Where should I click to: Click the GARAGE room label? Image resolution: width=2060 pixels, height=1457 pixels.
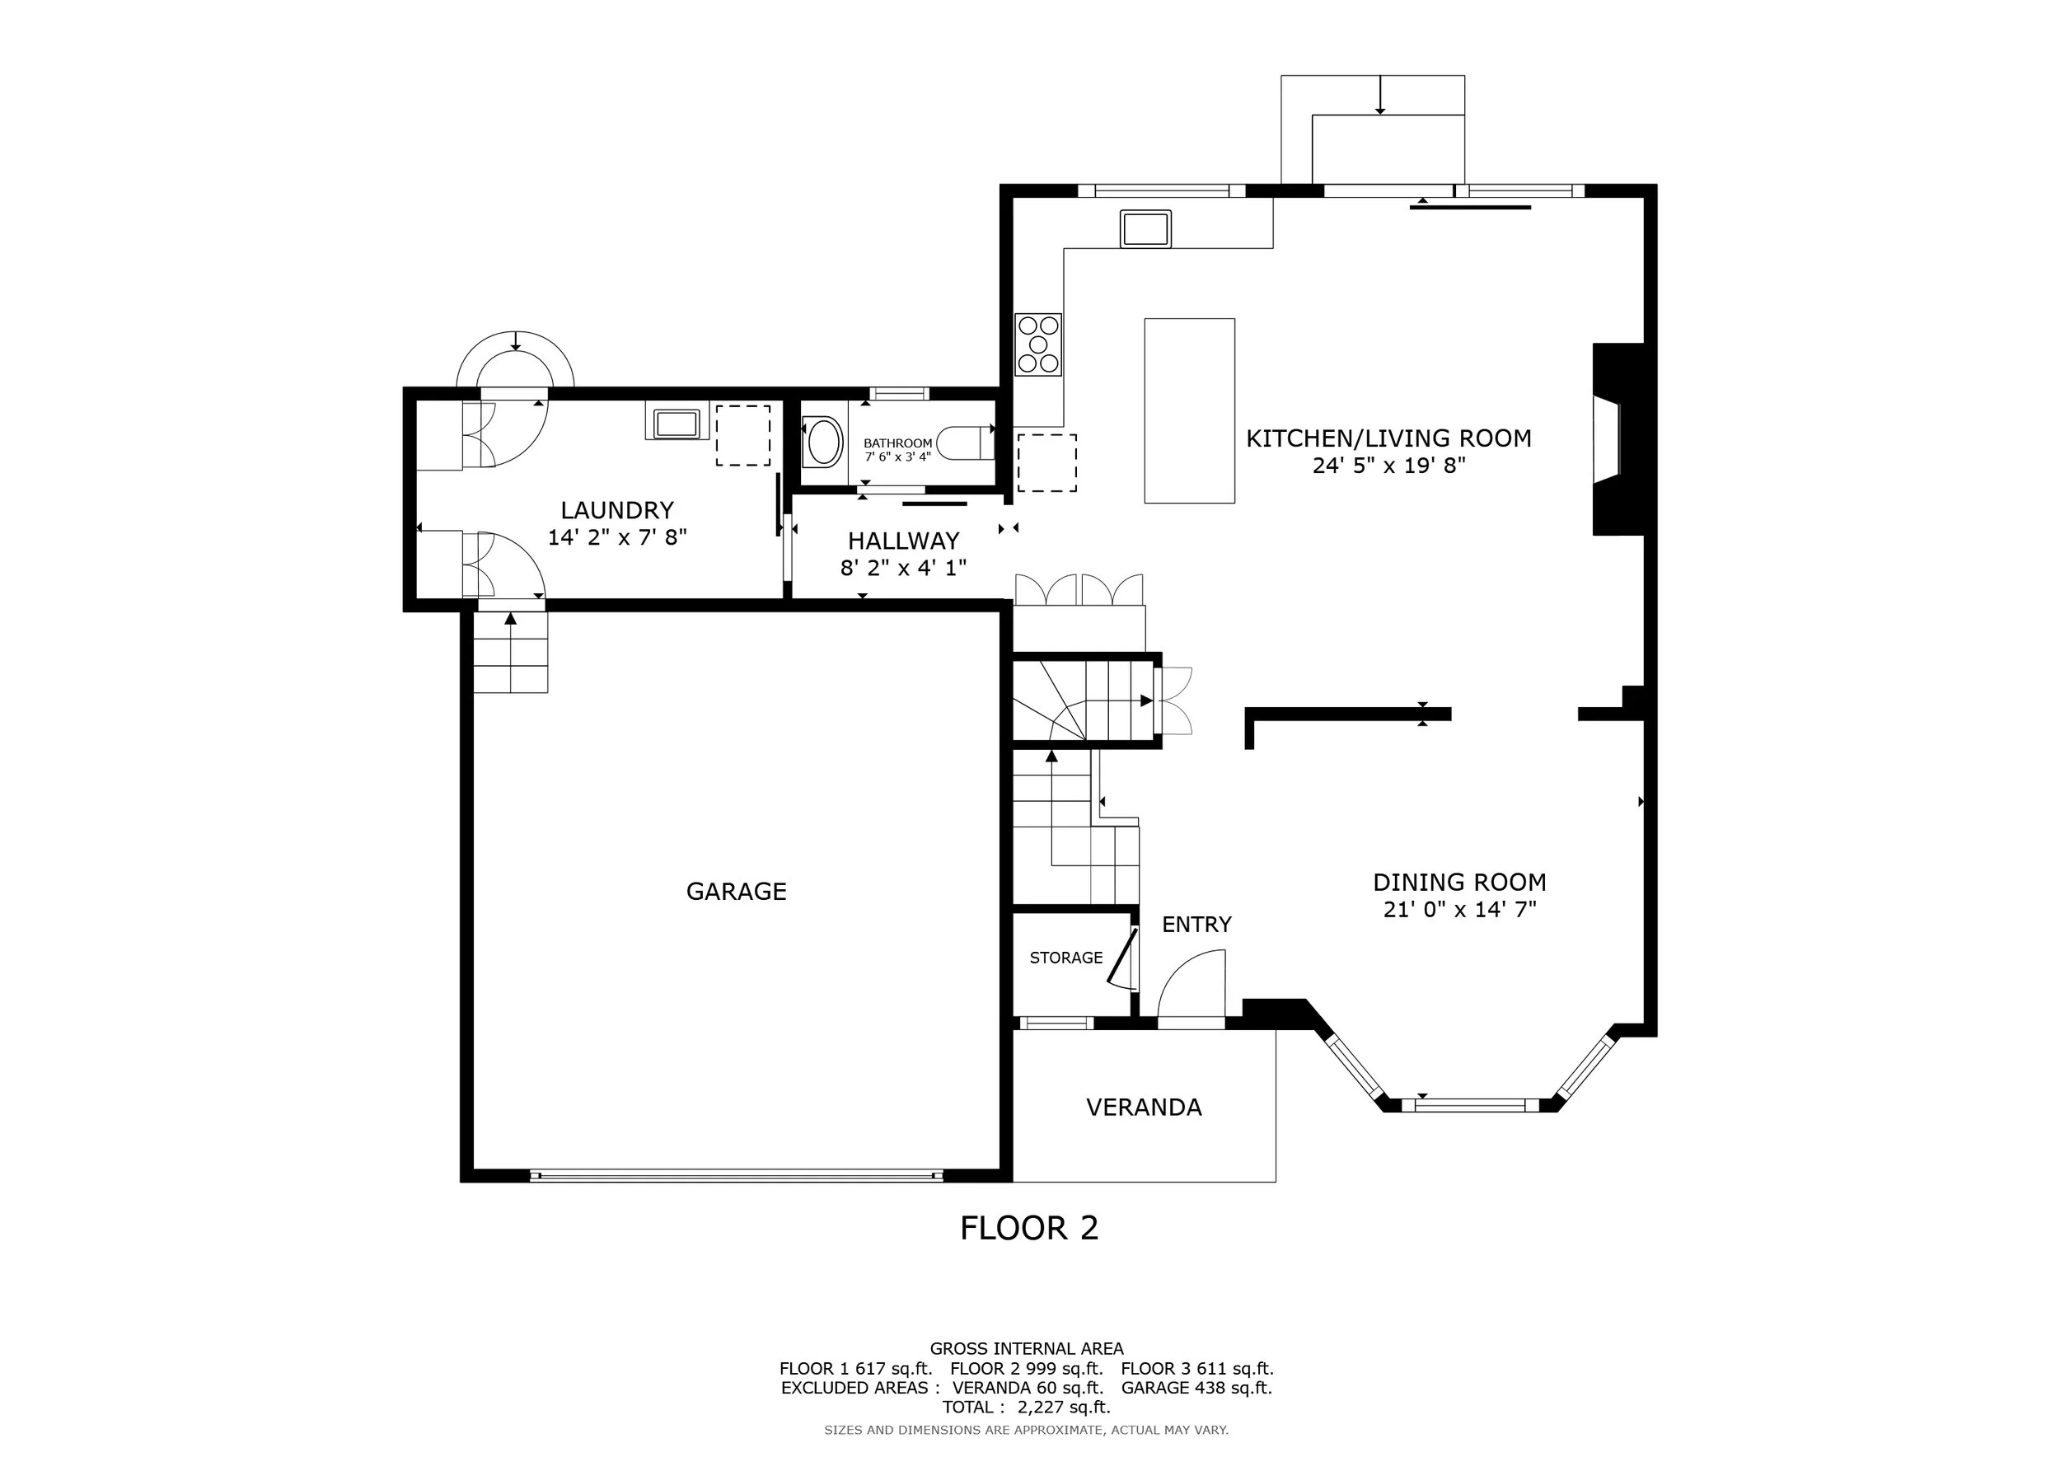click(736, 891)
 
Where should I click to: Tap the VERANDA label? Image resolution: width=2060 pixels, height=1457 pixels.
click(1144, 1107)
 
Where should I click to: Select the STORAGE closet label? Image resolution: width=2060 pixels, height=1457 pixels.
click(1066, 958)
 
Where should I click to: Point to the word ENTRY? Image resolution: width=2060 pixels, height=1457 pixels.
click(1197, 924)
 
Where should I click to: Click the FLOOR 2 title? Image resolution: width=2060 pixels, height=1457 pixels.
click(1029, 1227)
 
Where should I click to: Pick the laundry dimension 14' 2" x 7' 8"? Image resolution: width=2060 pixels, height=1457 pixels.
click(617, 537)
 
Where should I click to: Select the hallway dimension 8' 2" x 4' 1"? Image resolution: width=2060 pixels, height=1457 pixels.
click(903, 568)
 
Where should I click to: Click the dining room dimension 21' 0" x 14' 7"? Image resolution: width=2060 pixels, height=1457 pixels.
click(1460, 910)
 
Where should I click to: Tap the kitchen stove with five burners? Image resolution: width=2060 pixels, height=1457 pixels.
click(1038, 344)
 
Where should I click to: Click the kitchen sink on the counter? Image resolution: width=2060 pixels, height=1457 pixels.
click(1145, 229)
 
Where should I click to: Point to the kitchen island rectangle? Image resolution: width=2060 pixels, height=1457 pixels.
click(1190, 411)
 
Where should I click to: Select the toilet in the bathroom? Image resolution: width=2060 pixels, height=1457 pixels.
click(966, 443)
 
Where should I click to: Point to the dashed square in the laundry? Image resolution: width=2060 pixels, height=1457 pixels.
click(743, 435)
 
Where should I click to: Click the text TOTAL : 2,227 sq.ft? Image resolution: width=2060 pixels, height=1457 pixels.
click(1027, 1407)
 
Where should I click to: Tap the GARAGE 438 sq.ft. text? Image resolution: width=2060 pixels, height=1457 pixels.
click(1197, 1387)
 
